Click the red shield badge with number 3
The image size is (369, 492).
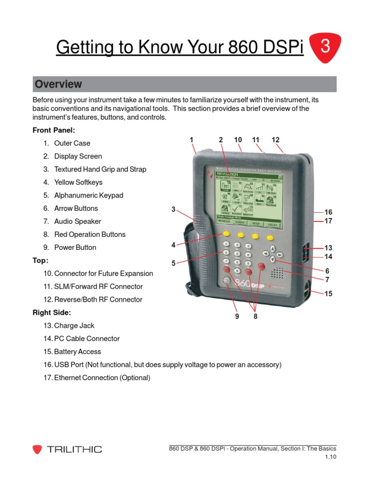(325, 47)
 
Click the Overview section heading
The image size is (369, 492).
(58, 84)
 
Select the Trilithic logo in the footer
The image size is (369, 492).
(67, 449)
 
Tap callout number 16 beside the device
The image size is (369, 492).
(328, 212)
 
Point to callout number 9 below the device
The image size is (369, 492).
(237, 316)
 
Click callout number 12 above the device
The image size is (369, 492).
(275, 140)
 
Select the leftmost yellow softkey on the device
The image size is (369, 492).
(225, 234)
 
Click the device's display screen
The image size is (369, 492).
(249, 199)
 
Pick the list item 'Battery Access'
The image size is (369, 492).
(72, 352)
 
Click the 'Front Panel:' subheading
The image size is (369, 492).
(54, 130)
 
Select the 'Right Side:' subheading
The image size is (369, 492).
(52, 313)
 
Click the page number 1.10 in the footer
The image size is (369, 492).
(330, 457)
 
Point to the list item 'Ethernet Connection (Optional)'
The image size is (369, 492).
(97, 378)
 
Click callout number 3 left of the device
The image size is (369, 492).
(173, 209)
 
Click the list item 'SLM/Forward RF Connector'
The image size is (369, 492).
(93, 286)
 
